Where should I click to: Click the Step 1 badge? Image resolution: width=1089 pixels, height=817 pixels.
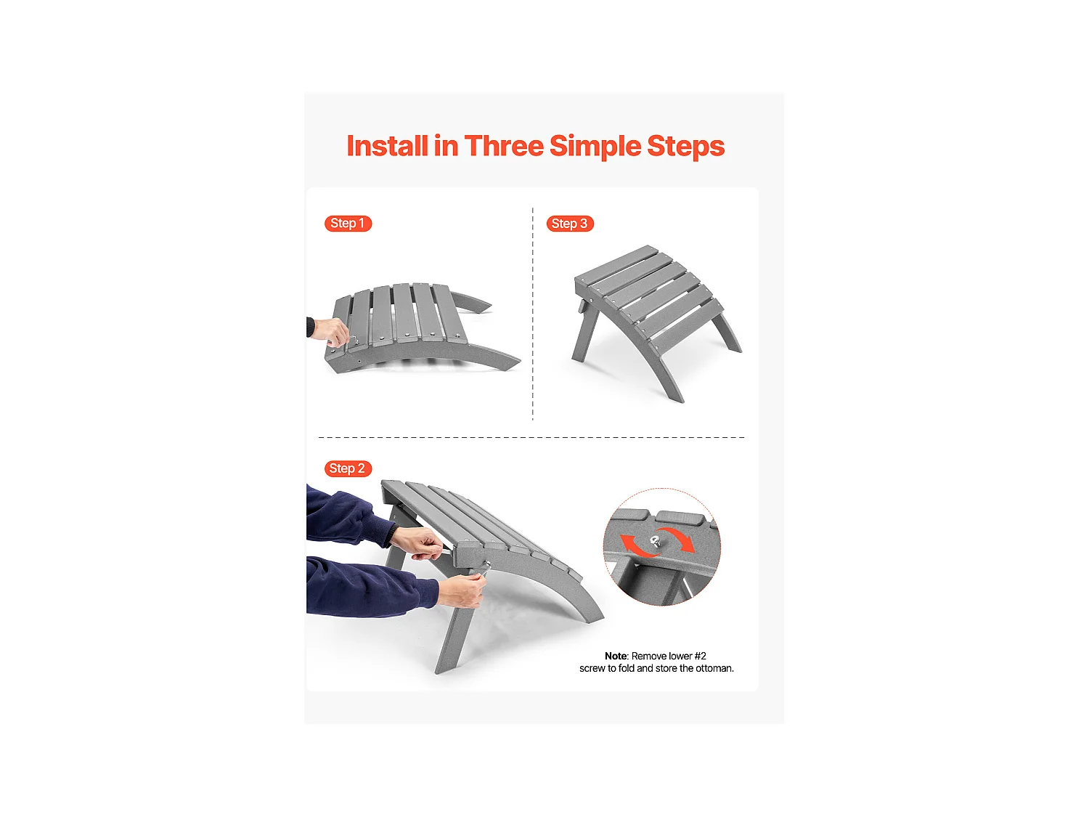[x=348, y=223]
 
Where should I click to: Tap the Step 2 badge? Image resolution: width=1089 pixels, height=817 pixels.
[x=348, y=468]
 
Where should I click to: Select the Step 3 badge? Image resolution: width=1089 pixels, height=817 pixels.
[x=570, y=224]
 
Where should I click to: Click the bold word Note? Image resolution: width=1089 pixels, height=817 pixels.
[x=616, y=656]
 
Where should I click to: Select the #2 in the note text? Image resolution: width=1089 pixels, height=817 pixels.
[x=700, y=656]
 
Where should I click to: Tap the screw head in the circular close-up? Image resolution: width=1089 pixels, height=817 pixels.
[x=655, y=541]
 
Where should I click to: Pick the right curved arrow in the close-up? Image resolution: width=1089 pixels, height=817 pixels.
[x=681, y=538]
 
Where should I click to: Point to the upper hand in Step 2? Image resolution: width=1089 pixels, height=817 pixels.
[x=417, y=542]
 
